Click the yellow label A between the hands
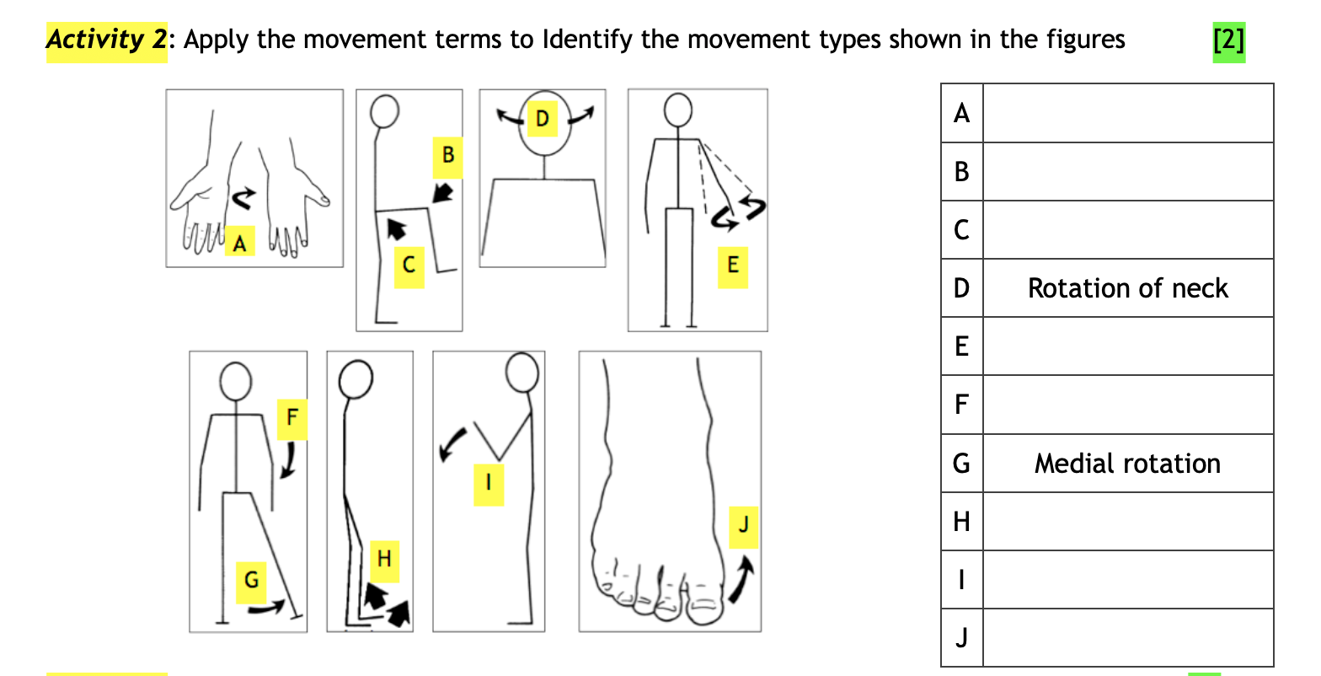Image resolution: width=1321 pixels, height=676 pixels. (x=240, y=243)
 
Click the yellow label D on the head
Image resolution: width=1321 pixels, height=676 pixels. (x=542, y=118)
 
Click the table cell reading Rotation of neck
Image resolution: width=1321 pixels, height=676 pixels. (x=1127, y=288)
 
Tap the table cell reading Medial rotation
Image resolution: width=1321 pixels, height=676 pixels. (x=1127, y=464)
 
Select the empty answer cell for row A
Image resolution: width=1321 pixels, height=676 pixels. (x=1127, y=113)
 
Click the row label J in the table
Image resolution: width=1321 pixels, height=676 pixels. (x=961, y=638)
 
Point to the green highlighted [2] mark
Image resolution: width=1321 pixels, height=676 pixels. (x=1228, y=40)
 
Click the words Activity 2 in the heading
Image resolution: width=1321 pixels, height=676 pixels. (x=106, y=40)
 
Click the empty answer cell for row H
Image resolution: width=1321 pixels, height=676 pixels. (x=1127, y=522)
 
